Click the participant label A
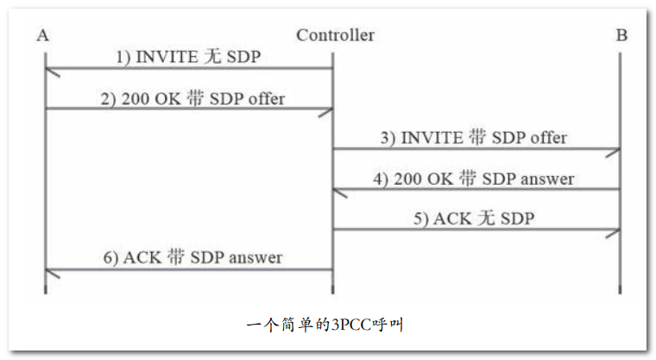click(x=43, y=35)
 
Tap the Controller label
click(x=335, y=35)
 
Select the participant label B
click(x=621, y=35)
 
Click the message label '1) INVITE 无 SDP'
click(x=188, y=57)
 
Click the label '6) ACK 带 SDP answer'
click(x=191, y=257)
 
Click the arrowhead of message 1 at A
click(x=50, y=71)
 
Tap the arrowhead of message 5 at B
click(x=614, y=231)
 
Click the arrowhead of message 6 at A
click(x=50, y=271)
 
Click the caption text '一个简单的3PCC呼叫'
click(x=325, y=325)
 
